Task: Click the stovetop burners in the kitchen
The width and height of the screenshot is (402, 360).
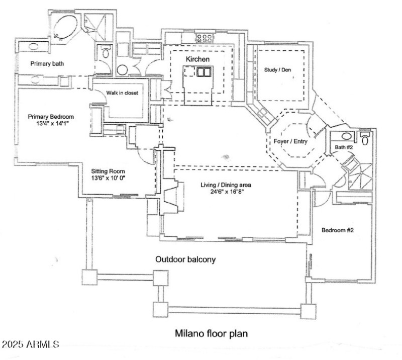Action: point(205,37)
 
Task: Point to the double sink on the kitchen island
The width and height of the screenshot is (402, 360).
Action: point(203,72)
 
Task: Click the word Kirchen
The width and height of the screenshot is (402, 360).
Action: point(197,59)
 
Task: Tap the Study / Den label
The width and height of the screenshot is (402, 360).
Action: point(278,70)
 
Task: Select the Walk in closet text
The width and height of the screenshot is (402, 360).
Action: point(122,93)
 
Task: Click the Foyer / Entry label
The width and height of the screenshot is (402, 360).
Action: point(290,141)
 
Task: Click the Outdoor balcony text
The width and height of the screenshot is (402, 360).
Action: point(185,260)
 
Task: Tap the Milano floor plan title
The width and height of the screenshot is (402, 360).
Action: point(211,333)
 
